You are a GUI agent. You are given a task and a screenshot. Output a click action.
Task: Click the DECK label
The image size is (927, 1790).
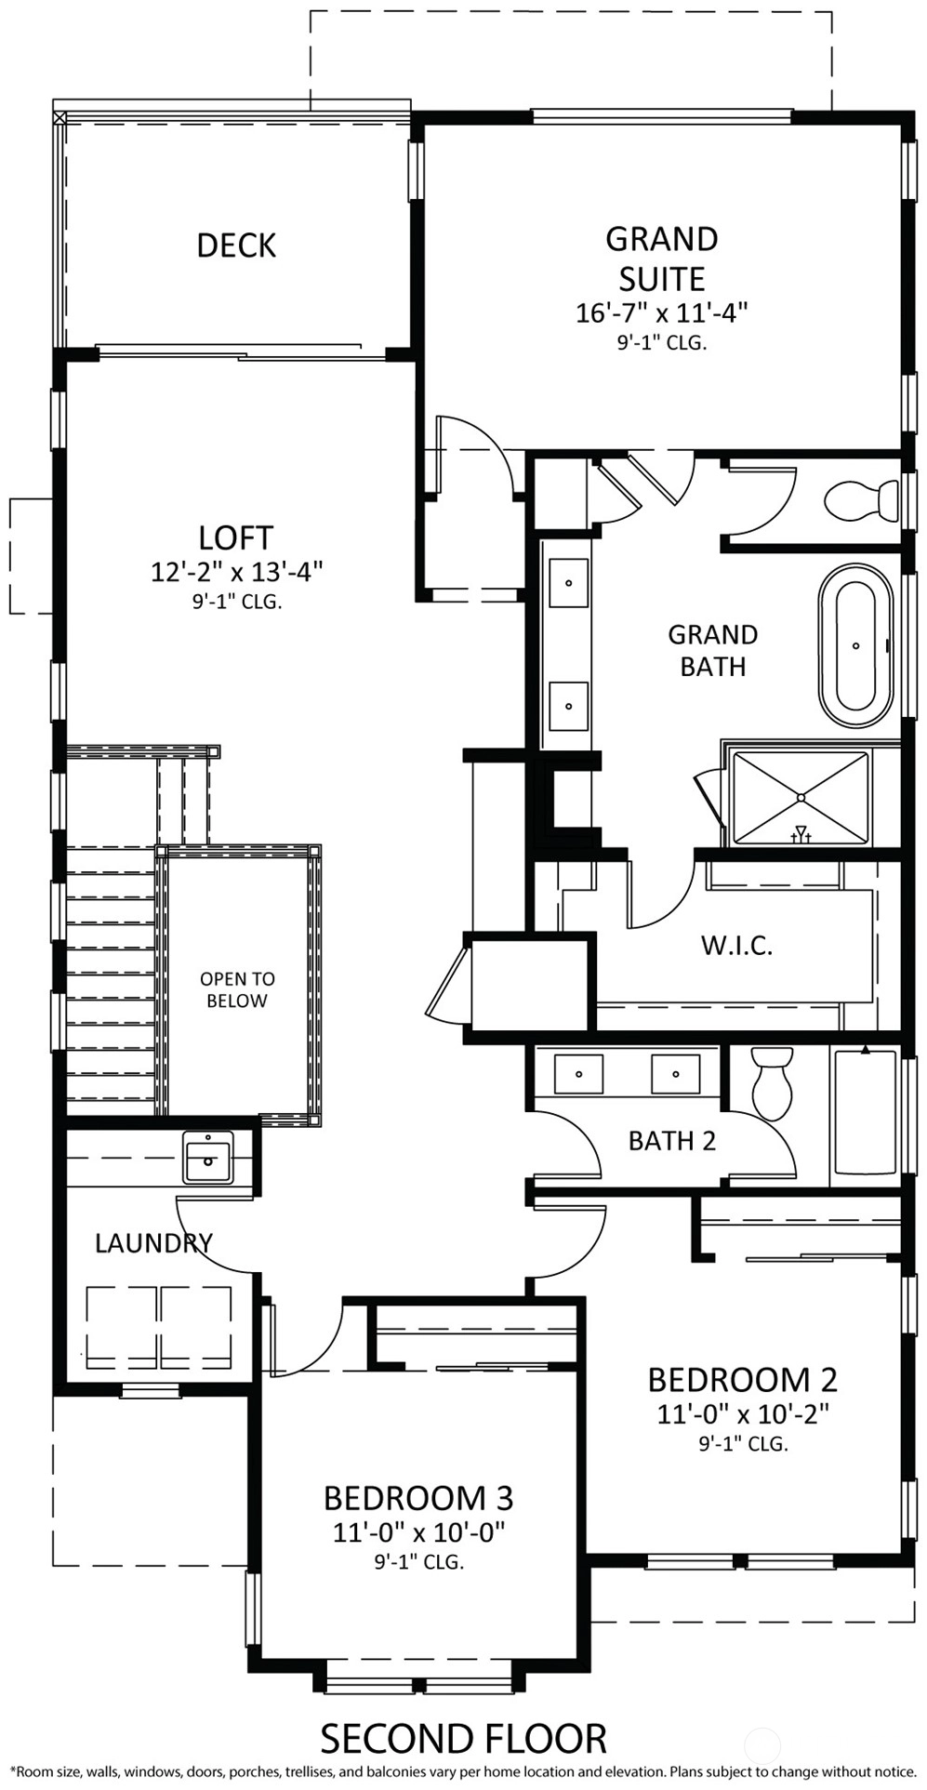pos(236,245)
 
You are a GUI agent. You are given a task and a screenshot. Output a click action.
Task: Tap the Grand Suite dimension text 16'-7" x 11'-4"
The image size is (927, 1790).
pos(661,312)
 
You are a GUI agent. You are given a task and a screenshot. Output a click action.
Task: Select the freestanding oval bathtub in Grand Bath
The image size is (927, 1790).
pos(855,644)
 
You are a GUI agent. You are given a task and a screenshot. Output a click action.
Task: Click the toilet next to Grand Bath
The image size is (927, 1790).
pos(861,499)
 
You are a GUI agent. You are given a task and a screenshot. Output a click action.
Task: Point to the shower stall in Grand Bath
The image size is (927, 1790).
pos(801,798)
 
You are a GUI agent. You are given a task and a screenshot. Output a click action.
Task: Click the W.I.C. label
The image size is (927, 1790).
pos(736,946)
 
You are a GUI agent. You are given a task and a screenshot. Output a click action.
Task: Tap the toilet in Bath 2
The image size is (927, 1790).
pos(771,1083)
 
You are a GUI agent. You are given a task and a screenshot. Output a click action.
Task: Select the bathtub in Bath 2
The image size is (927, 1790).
pos(865,1113)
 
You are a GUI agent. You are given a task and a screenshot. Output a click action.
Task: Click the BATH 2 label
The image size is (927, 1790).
pos(672,1141)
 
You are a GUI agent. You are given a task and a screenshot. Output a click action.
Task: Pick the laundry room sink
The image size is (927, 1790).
pos(208,1157)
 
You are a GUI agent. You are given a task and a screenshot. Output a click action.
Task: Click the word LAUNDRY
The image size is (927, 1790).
pos(154,1243)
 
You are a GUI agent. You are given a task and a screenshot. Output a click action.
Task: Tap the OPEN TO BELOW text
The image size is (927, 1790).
pos(237,989)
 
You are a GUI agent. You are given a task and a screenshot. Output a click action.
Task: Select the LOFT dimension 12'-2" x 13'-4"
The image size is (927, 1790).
pos(236,571)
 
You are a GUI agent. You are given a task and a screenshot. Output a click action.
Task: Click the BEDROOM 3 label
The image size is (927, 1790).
pos(418,1498)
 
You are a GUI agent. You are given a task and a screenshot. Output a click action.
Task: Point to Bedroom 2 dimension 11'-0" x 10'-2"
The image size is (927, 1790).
pos(743,1414)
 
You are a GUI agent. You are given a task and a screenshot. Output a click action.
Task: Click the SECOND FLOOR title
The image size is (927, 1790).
pos(463,1739)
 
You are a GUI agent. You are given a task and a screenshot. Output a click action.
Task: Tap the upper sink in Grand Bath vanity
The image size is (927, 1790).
pos(568,583)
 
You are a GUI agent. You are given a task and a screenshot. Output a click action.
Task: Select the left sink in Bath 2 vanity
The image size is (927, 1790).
pos(578,1073)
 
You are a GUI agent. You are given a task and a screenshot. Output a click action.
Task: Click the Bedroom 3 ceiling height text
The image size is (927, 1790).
pos(418,1562)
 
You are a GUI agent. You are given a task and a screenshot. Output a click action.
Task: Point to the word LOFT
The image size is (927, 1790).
pos(236,537)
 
